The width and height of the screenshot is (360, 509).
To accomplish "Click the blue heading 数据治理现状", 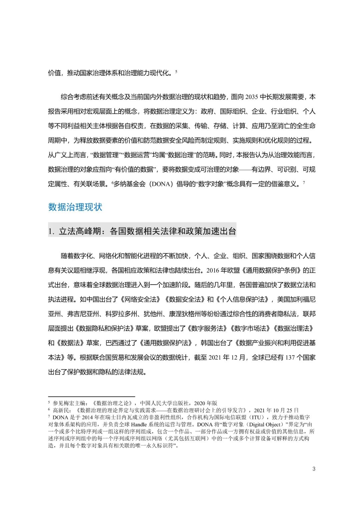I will pos(75,207).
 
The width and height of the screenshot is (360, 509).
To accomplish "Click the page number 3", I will pos(314,469).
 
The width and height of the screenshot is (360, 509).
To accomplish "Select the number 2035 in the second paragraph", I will pos(252,97).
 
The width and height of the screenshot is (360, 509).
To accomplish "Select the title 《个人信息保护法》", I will pos(242,299).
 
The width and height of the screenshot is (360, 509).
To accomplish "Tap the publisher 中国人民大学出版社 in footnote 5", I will pos(164,403).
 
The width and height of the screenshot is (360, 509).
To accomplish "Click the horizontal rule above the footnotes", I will pos(91,396).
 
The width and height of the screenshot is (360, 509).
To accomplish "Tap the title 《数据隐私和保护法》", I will pos(105,328).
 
